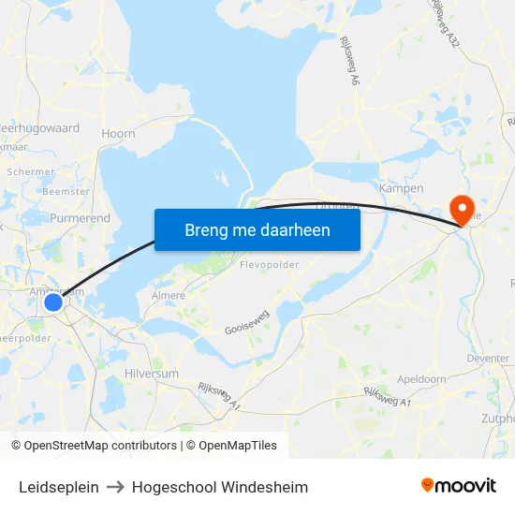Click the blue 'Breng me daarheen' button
tap(257, 229)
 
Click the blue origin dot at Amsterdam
tap(53, 302)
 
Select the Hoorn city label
tap(118, 134)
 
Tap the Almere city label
tap(169, 296)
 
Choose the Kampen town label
tap(401, 187)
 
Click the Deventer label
tap(488, 358)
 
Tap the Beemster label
tap(66, 191)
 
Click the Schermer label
tap(30, 172)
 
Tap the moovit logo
tap(458, 486)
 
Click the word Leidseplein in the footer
tap(59, 487)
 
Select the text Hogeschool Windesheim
tap(220, 487)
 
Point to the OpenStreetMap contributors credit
tap(94, 446)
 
